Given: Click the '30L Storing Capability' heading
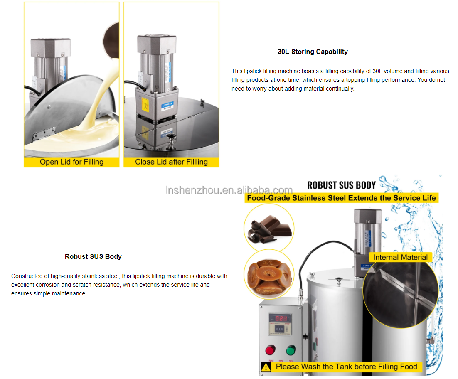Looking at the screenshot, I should pos(313,52).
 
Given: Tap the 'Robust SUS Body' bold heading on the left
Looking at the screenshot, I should pos(93,256).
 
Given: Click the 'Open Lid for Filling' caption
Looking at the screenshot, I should pos(71,162).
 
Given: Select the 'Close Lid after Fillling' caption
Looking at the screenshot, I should pos(171,162).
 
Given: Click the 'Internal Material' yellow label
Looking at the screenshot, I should pos(400,257).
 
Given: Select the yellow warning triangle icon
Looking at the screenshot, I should pos(266,367).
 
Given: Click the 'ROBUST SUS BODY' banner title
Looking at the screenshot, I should pos(341,185).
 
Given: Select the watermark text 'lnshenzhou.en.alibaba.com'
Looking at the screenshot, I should pos(229,190).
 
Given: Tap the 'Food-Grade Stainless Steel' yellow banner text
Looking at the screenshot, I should pos(341,198).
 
